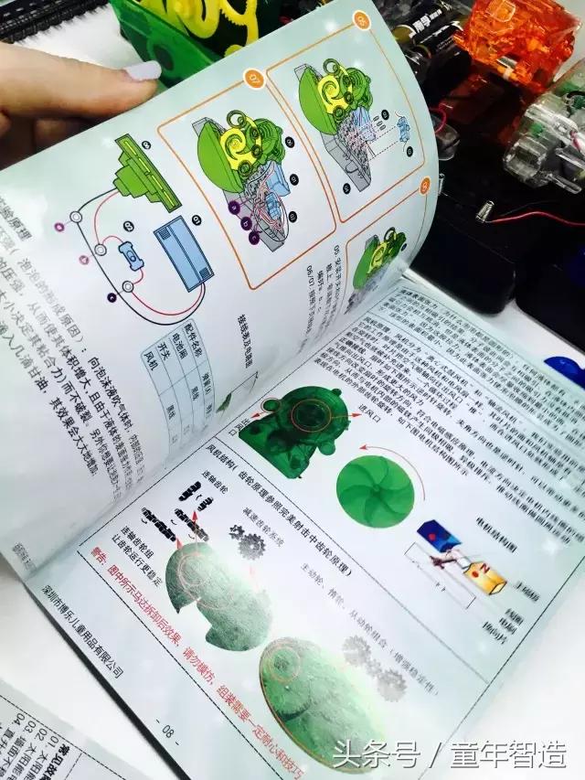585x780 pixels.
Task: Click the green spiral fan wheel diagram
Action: click(x=374, y=490)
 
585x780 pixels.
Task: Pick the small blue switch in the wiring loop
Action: click(x=132, y=260)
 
